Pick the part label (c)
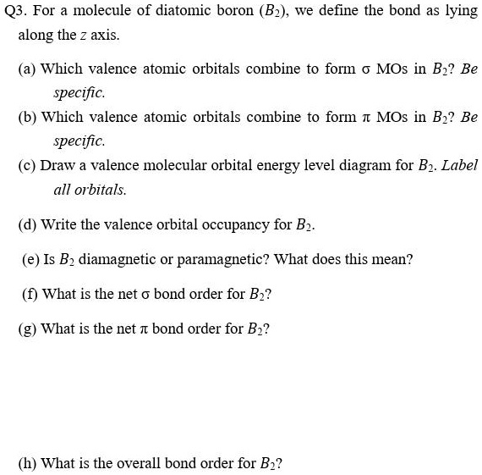(28, 166)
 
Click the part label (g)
(30, 328)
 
